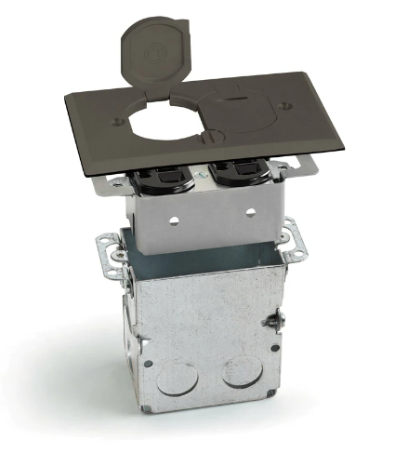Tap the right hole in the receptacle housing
pos(250,212)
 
